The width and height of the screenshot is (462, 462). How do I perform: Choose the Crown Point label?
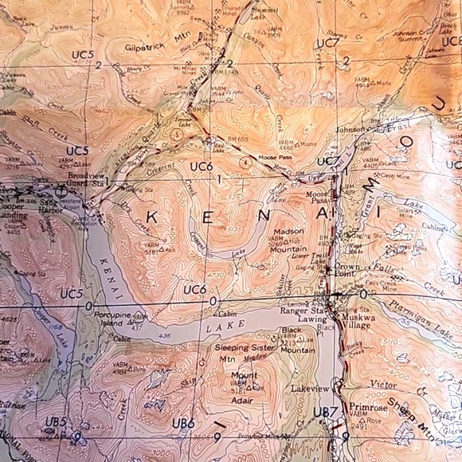coord(347,271)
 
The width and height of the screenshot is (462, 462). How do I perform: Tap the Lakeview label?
coord(310,389)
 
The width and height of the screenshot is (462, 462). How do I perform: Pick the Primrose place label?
coord(368,407)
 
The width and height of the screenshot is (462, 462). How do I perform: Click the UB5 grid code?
coord(55,422)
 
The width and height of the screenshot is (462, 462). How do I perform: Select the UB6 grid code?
coord(182,424)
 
